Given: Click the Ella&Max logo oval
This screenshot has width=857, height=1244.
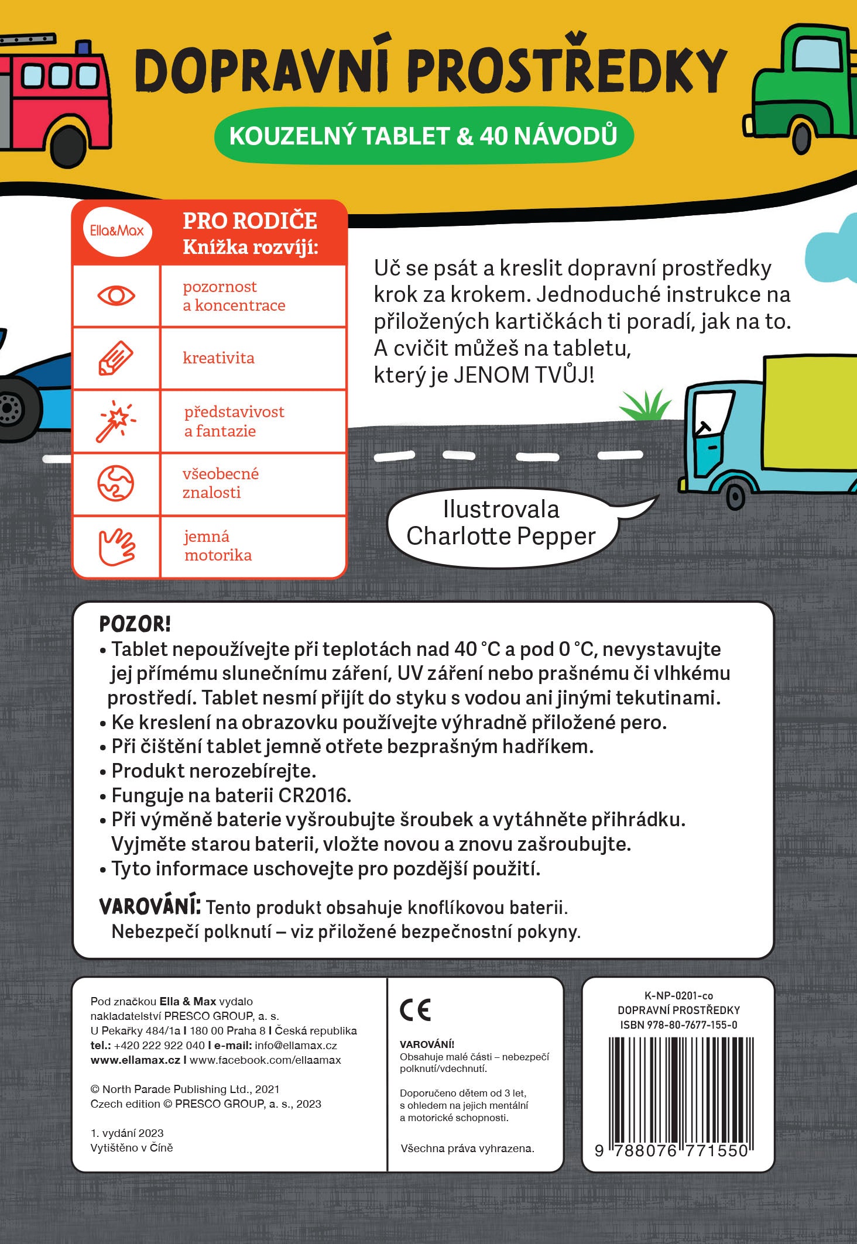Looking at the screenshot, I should point(117,231).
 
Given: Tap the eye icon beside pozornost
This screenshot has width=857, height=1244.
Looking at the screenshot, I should point(116,295).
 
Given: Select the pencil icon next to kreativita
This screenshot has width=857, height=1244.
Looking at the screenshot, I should point(115,358).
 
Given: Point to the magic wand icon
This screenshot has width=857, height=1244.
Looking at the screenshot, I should point(115,421).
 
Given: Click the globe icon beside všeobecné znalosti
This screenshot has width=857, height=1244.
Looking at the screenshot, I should point(115,483).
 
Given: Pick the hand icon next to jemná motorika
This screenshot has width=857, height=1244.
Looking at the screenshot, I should point(116,547).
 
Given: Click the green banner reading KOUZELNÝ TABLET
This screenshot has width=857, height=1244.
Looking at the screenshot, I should point(423,136).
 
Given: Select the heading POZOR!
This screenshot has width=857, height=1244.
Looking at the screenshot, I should point(135,624).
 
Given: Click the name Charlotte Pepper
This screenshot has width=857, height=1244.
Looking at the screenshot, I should point(501,536).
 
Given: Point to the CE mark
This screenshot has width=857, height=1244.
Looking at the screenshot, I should point(416,1011).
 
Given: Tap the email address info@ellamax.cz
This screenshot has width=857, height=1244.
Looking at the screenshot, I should point(296,1045).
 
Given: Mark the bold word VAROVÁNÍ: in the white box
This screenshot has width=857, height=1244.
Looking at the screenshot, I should point(150,906).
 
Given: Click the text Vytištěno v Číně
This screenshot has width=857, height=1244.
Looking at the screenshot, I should point(132,1147).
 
